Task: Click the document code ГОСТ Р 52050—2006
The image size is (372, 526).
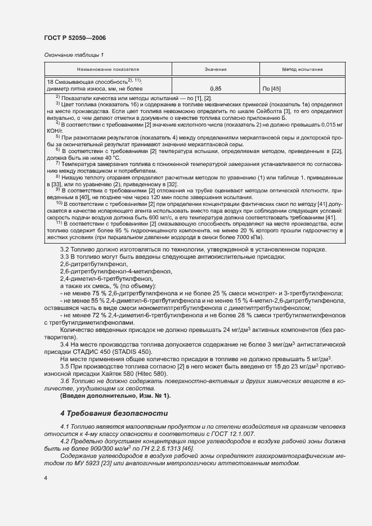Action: click(x=75, y=38)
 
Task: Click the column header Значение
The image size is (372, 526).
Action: click(x=216, y=70)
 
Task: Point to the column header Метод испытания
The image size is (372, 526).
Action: click(x=302, y=70)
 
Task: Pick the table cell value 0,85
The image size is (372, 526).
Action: click(x=216, y=89)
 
